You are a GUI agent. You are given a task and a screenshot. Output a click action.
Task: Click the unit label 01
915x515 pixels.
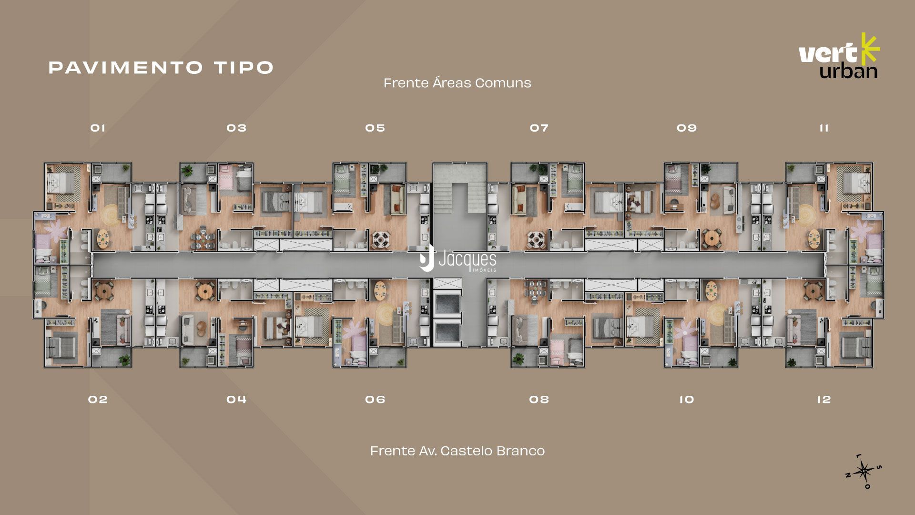point(98,128)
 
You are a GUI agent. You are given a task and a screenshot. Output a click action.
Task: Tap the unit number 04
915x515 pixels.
point(236,399)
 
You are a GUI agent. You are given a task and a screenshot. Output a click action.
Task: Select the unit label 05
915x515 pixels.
point(375,128)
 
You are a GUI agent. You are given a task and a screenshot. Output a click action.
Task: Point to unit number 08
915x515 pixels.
point(539,399)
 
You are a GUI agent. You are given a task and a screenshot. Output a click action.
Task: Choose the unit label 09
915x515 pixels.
point(687,128)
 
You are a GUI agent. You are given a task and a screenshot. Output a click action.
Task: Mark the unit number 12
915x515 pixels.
point(824,399)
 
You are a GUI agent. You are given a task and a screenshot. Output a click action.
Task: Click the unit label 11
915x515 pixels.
point(824,128)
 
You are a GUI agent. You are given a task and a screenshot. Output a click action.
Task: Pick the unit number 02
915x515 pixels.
point(98,399)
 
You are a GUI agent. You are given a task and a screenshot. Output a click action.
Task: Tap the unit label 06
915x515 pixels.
point(375,399)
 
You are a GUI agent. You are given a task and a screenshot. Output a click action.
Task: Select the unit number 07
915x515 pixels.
point(539,128)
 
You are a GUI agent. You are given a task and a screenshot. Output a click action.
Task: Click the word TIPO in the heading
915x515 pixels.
point(244,67)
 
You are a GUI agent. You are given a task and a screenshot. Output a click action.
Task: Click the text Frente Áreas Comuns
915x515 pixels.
point(457,83)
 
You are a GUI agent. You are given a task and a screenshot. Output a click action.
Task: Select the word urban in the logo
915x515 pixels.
point(848,71)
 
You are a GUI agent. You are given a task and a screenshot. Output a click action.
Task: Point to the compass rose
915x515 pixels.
point(864,472)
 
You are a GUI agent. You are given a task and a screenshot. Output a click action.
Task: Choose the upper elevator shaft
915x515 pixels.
point(447,303)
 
